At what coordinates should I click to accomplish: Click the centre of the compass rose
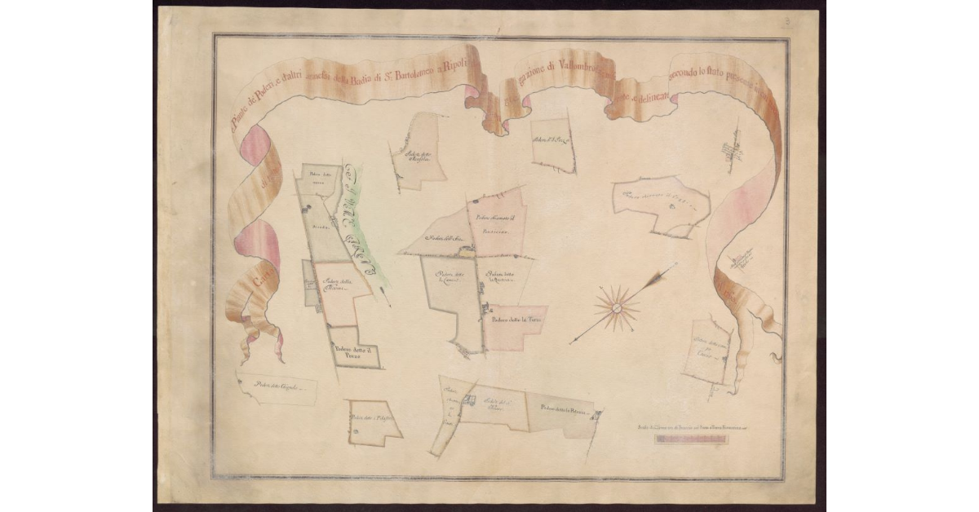tap(617, 308)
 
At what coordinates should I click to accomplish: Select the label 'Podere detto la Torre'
tap(515, 320)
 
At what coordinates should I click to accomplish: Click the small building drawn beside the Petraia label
tap(596, 416)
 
